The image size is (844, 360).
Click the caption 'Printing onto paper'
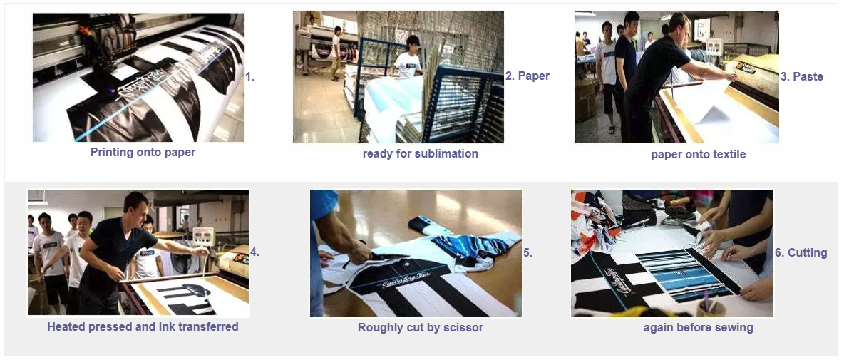(x=143, y=152)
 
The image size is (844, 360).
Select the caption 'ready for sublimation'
(x=420, y=153)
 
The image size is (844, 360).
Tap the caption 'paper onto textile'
(x=698, y=154)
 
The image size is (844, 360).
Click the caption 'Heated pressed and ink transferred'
(x=143, y=326)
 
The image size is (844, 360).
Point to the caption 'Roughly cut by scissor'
(x=420, y=327)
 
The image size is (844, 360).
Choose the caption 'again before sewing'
(x=698, y=327)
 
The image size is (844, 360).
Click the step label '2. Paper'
(x=527, y=76)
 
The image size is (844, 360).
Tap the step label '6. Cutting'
(x=801, y=252)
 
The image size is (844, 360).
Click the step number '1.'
(x=249, y=76)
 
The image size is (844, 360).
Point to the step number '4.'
(x=254, y=252)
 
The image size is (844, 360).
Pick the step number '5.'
(x=527, y=252)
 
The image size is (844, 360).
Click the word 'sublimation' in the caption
(x=448, y=153)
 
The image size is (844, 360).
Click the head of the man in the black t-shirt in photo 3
(x=677, y=26)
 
